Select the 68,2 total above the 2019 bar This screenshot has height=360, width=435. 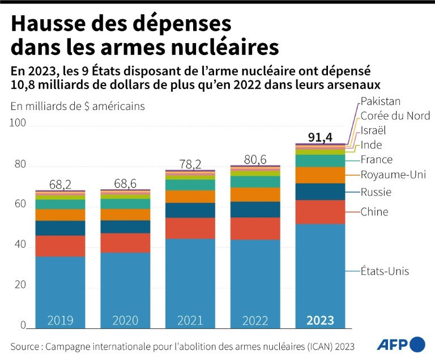[x=61, y=184]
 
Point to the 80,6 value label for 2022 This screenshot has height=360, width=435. [x=254, y=159]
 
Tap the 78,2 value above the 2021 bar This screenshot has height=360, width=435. [x=190, y=164]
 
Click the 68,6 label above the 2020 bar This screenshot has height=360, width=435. [x=125, y=184]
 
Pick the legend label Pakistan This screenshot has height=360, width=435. [x=381, y=101]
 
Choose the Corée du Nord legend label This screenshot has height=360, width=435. [x=395, y=116]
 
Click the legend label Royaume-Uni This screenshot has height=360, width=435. [x=393, y=175]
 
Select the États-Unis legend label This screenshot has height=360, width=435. [x=385, y=271]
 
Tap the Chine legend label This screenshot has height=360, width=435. [x=374, y=212]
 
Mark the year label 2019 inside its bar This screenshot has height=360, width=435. [x=60, y=320]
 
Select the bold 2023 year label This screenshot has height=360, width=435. [x=320, y=320]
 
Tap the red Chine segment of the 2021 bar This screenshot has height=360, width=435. [x=190, y=228]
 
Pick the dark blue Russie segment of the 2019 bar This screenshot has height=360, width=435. [x=60, y=228]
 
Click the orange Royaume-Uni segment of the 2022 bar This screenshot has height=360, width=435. [x=255, y=194]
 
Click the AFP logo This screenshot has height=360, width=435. [x=400, y=344]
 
